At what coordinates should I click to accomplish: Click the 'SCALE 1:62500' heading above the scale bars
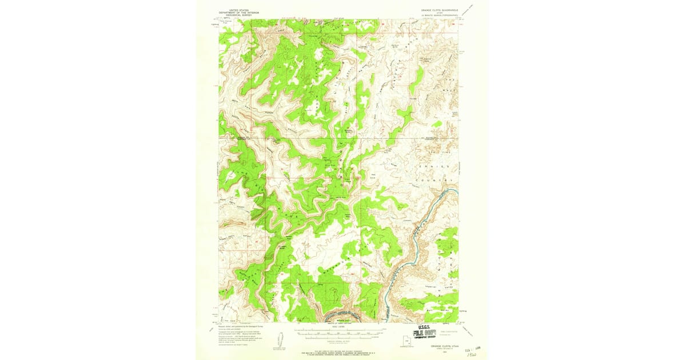[x=338, y=327]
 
